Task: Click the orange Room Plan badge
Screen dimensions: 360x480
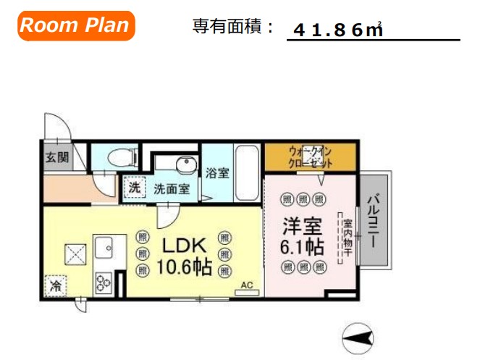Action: coord(75,26)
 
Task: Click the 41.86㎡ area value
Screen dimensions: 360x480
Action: coord(338,30)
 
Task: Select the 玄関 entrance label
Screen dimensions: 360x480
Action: coord(54,157)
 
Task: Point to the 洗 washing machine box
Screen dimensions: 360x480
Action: coord(134,188)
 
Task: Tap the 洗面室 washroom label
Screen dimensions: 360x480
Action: coord(172,189)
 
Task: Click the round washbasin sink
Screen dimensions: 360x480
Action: coord(185,165)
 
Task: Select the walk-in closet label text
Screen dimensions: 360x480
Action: coord(310,157)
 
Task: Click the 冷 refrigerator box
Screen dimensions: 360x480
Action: coord(56,287)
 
